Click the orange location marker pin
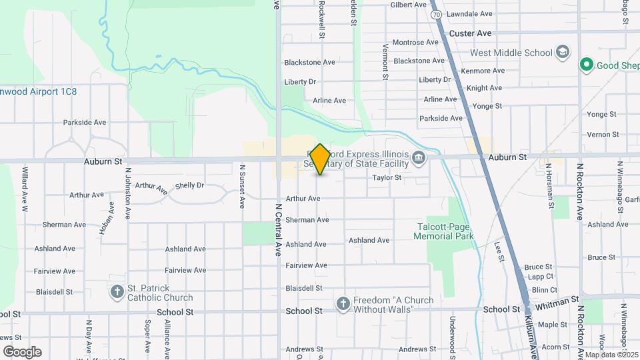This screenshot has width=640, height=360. click(x=320, y=159)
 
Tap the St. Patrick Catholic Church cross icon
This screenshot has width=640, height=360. click(x=117, y=291)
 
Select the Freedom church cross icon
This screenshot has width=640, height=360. click(x=343, y=305)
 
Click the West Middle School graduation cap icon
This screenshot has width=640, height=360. click(x=563, y=53)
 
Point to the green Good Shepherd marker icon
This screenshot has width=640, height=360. click(x=587, y=65)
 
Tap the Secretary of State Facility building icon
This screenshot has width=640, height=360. click(x=419, y=158)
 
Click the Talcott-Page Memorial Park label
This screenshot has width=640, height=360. click(x=443, y=231)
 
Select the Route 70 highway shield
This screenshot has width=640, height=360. click(x=435, y=14)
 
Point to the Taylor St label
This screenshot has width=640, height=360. click(x=387, y=178)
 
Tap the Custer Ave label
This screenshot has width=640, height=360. click(x=470, y=33)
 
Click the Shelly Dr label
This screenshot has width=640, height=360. click(x=189, y=185)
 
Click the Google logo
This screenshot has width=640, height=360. click(x=22, y=352)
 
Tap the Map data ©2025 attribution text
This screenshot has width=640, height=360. click(x=611, y=354)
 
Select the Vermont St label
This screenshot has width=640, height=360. click(x=385, y=62)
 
